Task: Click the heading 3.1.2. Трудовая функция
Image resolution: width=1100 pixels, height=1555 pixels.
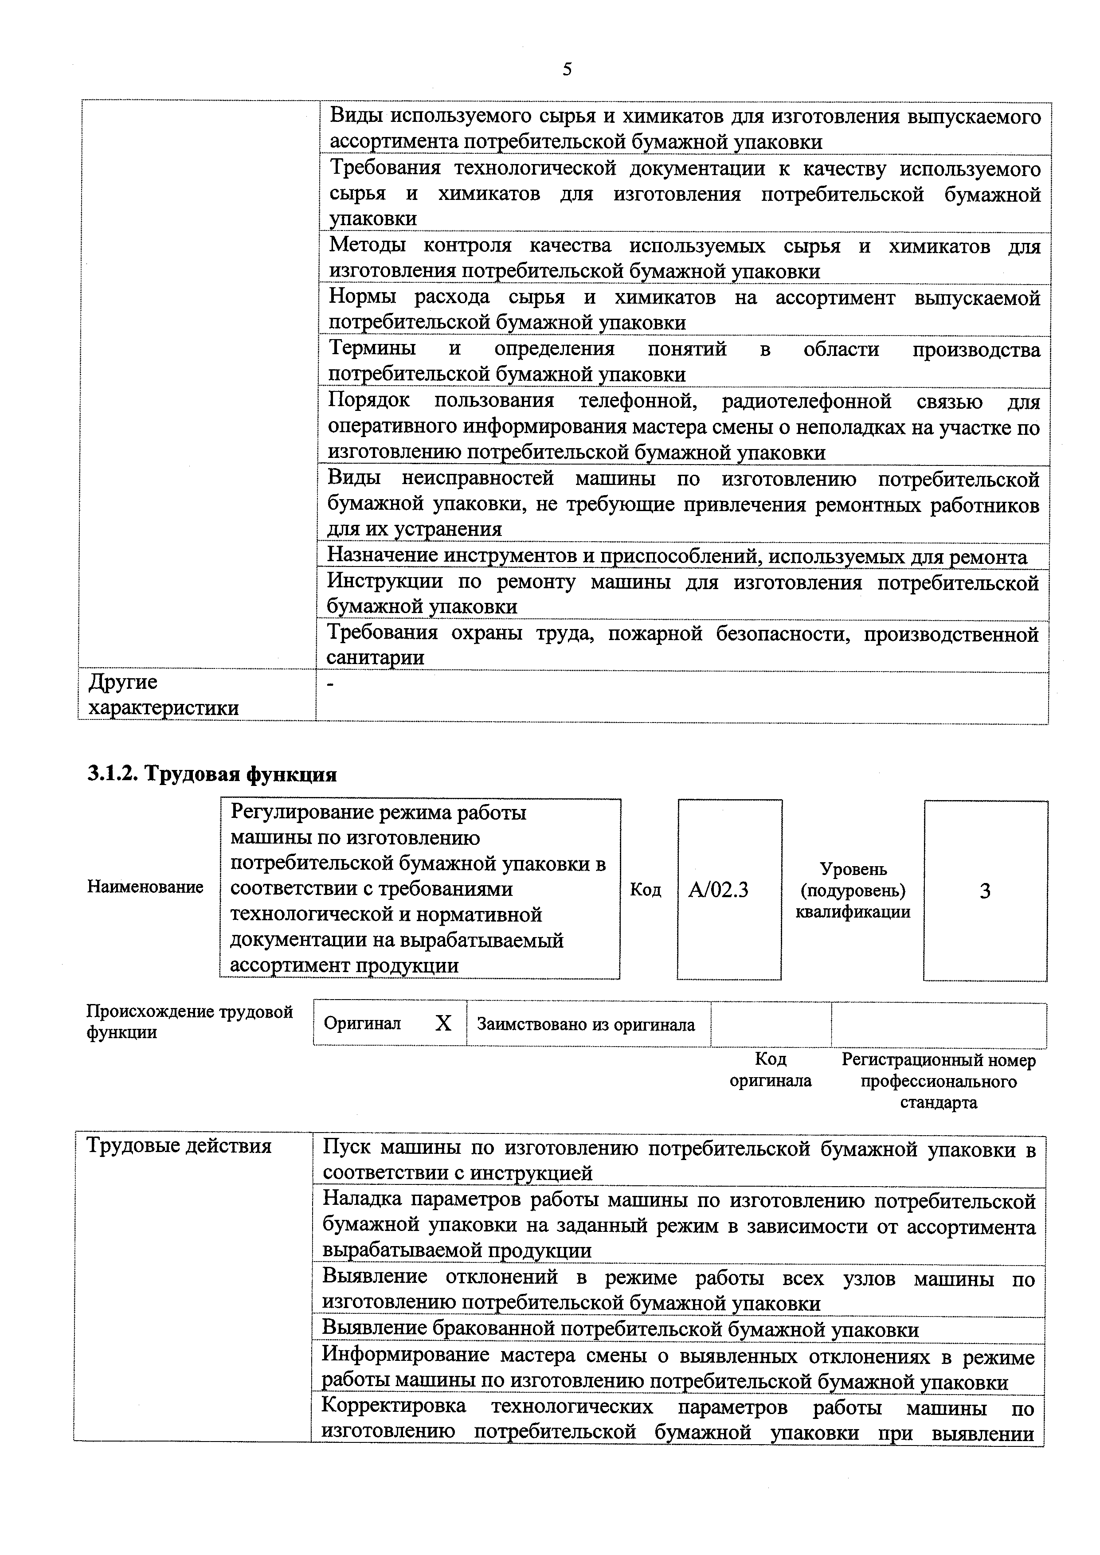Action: (x=212, y=774)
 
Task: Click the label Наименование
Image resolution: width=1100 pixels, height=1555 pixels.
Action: (x=145, y=887)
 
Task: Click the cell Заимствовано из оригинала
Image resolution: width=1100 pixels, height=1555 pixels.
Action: (x=586, y=1024)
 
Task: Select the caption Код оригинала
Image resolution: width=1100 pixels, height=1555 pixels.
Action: (x=770, y=1070)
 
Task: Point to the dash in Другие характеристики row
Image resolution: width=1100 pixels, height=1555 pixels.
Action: (x=331, y=685)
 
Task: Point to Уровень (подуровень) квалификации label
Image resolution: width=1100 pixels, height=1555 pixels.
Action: (x=853, y=890)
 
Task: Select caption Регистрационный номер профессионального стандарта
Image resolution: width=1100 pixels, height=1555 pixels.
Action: (x=938, y=1080)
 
